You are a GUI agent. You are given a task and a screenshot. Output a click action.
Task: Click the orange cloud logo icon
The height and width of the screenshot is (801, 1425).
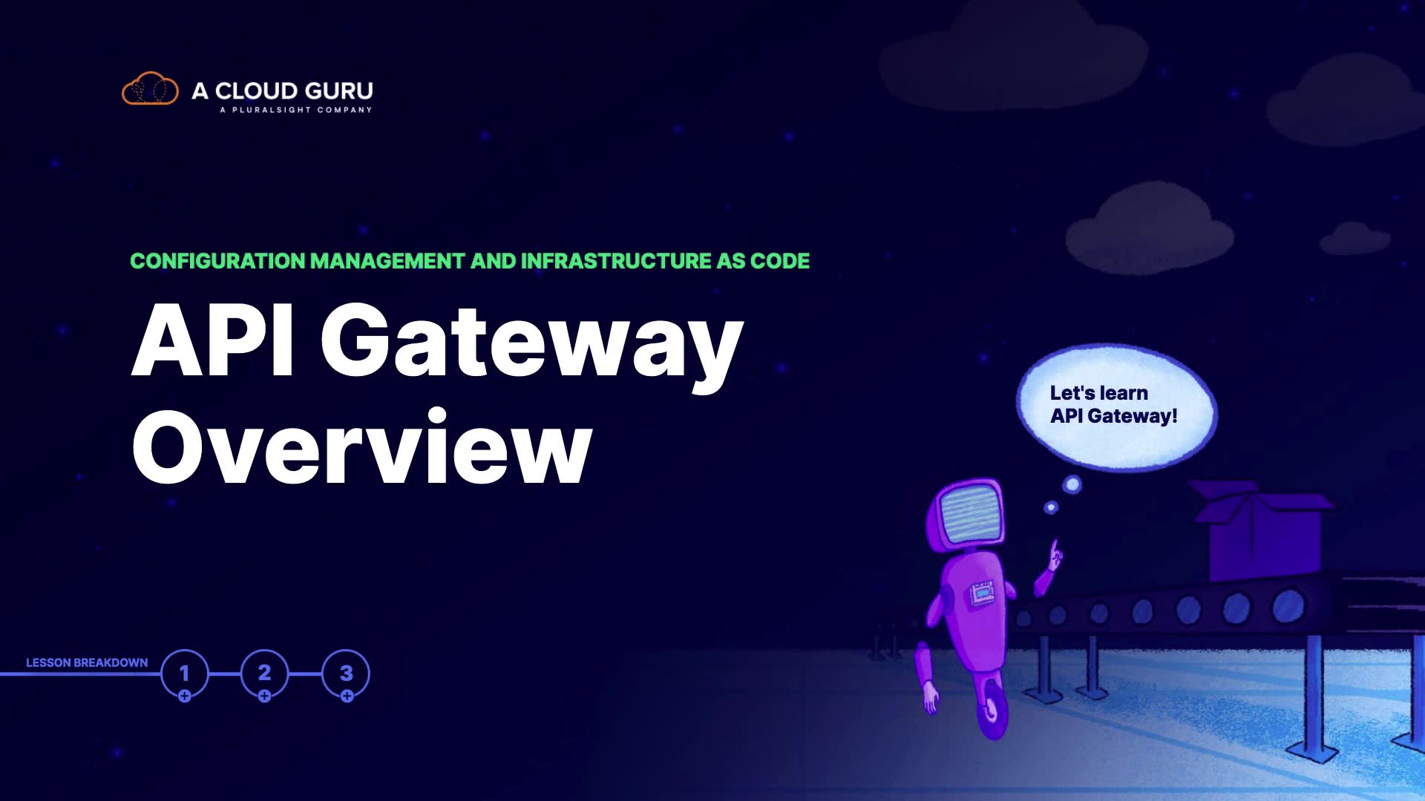click(x=150, y=89)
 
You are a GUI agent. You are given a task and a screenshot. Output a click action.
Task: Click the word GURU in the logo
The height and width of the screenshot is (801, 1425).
click(x=338, y=90)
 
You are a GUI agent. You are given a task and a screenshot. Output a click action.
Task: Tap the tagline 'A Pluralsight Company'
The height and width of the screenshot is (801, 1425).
click(x=295, y=110)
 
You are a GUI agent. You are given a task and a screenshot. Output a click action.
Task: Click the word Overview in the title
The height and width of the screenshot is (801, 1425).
click(x=362, y=448)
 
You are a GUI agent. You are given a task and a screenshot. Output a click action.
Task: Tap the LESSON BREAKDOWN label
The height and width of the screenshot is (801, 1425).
click(x=87, y=662)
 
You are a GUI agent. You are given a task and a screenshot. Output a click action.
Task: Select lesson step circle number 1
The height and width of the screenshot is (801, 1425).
click(x=184, y=673)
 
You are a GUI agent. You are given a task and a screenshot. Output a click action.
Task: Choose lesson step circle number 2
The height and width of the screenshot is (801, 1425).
click(x=264, y=673)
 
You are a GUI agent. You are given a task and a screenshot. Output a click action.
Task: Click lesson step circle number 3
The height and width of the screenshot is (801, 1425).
click(x=346, y=673)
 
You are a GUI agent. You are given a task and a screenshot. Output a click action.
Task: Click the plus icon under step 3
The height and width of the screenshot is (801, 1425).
click(x=347, y=696)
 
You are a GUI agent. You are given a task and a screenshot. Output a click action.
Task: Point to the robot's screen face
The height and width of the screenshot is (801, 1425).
click(x=970, y=512)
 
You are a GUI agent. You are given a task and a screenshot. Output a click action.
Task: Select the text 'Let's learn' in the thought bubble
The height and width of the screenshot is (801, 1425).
click(x=1098, y=393)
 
